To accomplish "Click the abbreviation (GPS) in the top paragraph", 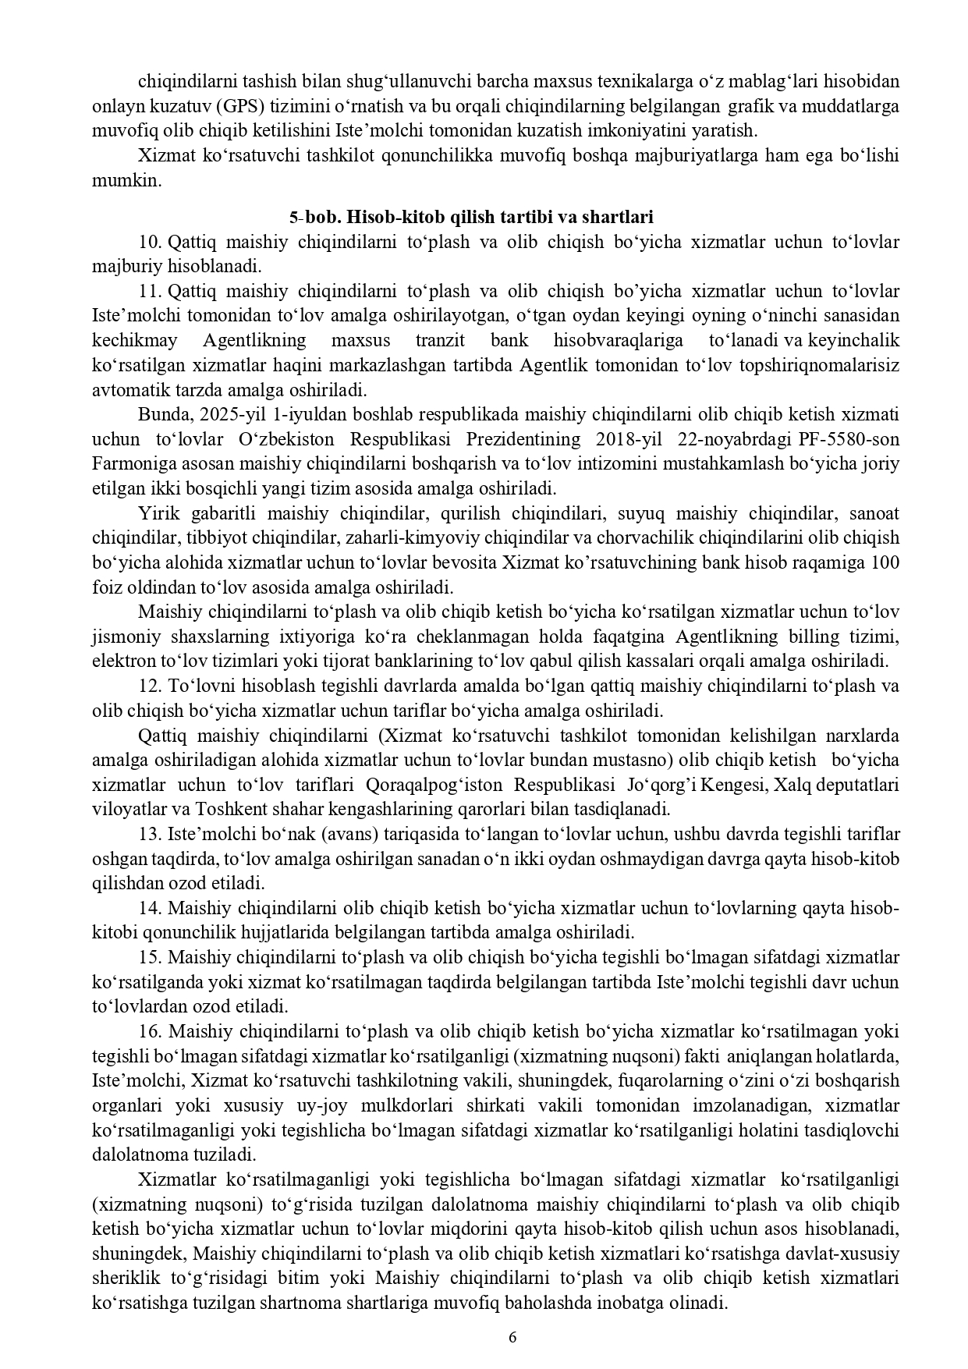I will coord(217,106).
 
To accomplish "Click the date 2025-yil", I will coord(214,414).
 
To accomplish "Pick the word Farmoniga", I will coord(129,464).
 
